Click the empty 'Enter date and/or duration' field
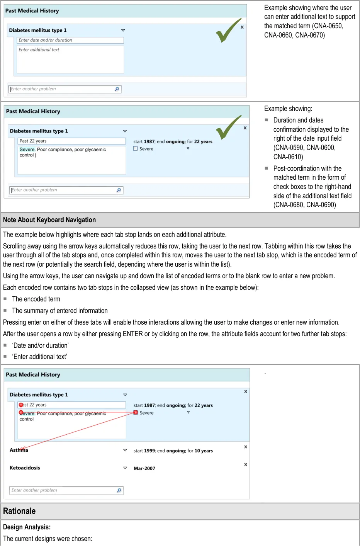click(x=70, y=40)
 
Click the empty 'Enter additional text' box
click(x=70, y=59)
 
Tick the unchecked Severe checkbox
click(x=136, y=148)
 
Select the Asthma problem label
click(x=19, y=450)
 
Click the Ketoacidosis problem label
click(x=25, y=468)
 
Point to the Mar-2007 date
click(x=144, y=468)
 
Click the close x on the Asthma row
click(x=246, y=447)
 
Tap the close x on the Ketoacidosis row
click(x=246, y=464)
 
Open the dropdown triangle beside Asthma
click(x=125, y=450)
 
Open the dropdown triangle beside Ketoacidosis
click(x=125, y=468)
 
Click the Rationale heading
click(x=19, y=511)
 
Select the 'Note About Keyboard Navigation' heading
click(x=49, y=220)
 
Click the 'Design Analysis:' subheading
click(x=27, y=527)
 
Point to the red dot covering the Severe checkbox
click(x=136, y=412)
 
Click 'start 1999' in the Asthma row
click(x=144, y=451)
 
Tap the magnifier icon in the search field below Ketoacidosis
click(x=119, y=490)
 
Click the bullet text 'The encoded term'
click(x=36, y=299)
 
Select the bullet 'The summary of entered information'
click(x=60, y=311)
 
